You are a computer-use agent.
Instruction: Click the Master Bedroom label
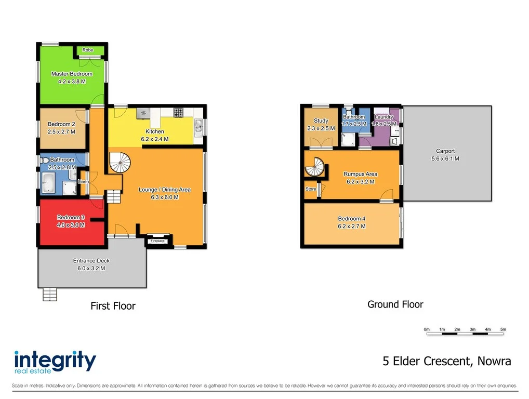[x=72, y=74]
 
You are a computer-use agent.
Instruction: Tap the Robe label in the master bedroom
[x=88, y=50]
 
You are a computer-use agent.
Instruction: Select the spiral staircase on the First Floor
[x=121, y=163]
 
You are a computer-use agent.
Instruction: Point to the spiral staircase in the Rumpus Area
[x=315, y=168]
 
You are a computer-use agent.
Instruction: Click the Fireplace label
[x=157, y=241]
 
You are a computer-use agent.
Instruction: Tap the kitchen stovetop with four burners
[x=178, y=112]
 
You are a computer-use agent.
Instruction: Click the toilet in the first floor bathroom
[x=45, y=160]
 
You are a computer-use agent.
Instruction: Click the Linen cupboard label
[x=83, y=181]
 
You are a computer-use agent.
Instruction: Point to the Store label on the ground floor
[x=311, y=189]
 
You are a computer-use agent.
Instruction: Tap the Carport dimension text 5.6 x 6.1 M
[x=445, y=159]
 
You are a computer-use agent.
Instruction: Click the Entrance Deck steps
[x=49, y=295]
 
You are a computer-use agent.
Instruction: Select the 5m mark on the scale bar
[x=502, y=329]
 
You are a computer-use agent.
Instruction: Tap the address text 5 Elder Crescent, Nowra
[x=446, y=361]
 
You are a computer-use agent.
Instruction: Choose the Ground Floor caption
[x=395, y=304]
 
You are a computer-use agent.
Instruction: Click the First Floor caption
[x=113, y=306]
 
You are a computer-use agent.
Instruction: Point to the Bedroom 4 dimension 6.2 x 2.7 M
[x=351, y=226]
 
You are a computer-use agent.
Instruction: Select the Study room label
[x=321, y=121]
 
